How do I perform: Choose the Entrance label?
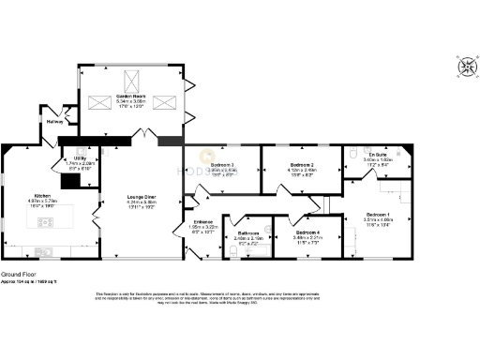pyautogui.click(x=203, y=221)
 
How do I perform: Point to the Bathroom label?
pyautogui.click(x=248, y=232)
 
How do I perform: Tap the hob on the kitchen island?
pyautogui.click(x=46, y=222)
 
